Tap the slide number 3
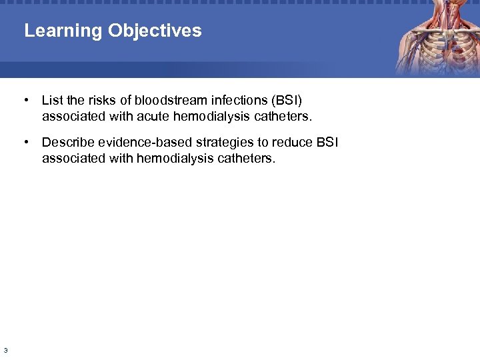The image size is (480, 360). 5,350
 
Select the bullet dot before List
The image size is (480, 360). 25,101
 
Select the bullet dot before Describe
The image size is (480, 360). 25,142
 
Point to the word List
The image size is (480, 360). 52,101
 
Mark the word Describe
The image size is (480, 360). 67,142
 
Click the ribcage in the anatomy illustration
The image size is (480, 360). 433,50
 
